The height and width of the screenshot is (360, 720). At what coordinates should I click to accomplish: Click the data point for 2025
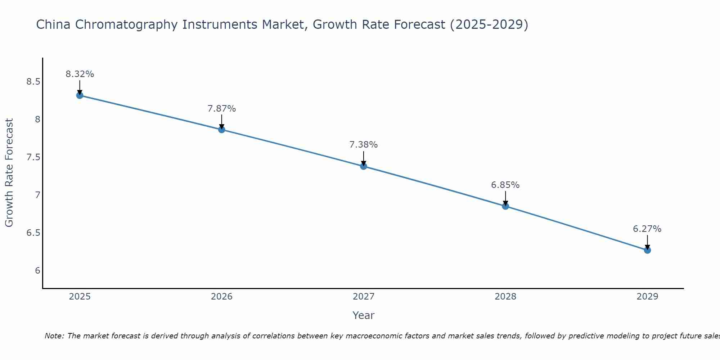(x=80, y=95)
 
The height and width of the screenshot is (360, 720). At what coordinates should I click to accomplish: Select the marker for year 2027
(x=363, y=166)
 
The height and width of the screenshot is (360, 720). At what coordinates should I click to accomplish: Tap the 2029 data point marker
(x=647, y=250)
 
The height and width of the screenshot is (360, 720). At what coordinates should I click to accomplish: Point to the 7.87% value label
(x=221, y=108)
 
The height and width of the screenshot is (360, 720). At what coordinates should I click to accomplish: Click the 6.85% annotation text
(x=505, y=185)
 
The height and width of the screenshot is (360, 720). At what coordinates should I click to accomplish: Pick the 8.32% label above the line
(x=80, y=74)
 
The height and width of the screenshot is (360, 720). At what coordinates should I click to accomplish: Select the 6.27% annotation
(x=647, y=229)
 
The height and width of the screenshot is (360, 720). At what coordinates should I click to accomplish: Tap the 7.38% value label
(x=363, y=145)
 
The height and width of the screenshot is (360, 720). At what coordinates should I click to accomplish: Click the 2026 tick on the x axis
(x=221, y=297)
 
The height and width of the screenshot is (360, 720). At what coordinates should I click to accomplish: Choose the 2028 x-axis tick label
(x=505, y=297)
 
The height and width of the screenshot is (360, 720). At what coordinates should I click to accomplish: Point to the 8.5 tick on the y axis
(x=33, y=82)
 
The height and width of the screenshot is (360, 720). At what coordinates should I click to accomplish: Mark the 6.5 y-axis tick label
(x=33, y=233)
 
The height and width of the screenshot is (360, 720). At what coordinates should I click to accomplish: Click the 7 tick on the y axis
(x=37, y=195)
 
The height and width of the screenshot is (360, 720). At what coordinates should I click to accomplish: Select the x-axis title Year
(x=363, y=315)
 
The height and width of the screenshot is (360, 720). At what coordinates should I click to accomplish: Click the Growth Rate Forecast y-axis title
(x=9, y=173)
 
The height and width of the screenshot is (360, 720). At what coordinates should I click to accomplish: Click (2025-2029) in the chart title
(x=489, y=24)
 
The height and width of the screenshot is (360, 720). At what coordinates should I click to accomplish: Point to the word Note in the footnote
(x=54, y=336)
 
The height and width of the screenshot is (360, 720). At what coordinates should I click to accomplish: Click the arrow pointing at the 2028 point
(x=505, y=199)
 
